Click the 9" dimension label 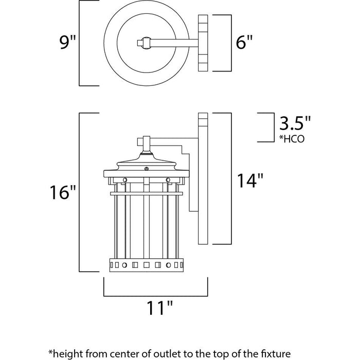pyautogui.click(x=67, y=42)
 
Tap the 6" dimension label pyautogui.click(x=244, y=42)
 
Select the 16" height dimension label pyautogui.click(x=63, y=192)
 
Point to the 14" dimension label pyautogui.click(x=250, y=181)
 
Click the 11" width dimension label pyautogui.click(x=160, y=308)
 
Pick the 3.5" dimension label pyautogui.click(x=295, y=123)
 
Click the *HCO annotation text pyautogui.click(x=292, y=139)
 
